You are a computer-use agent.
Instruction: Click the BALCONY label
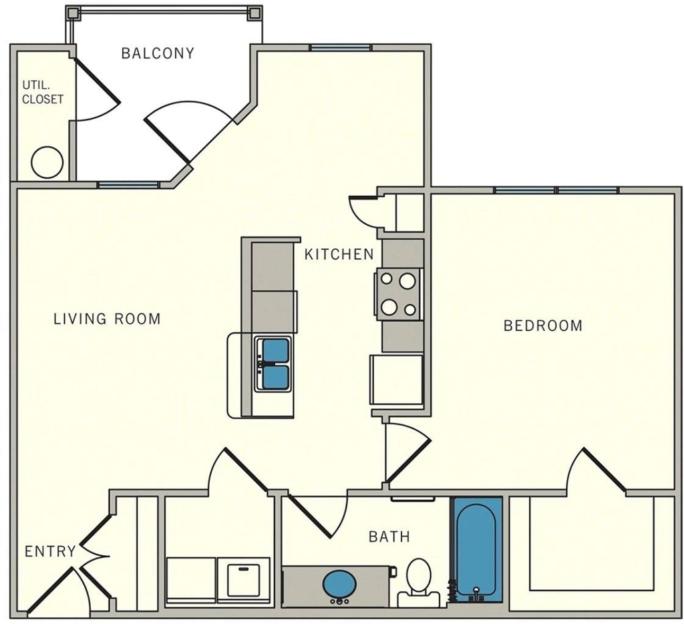coord(158,53)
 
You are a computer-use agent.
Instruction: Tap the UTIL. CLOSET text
coord(43,92)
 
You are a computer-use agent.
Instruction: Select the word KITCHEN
coord(339,254)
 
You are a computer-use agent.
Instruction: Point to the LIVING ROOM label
coord(108,319)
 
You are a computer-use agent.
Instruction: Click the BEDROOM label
coord(543,326)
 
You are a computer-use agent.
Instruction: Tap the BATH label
coord(389,537)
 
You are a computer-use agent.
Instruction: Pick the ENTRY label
coord(50,552)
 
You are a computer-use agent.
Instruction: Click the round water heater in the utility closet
coord(47,163)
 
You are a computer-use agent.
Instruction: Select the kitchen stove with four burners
coord(398,294)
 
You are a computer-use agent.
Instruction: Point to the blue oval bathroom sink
coord(340,585)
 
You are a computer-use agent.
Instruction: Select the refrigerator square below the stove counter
coord(397,380)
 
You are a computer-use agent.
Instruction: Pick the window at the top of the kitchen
coord(340,48)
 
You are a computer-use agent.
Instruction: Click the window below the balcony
coord(128,185)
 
